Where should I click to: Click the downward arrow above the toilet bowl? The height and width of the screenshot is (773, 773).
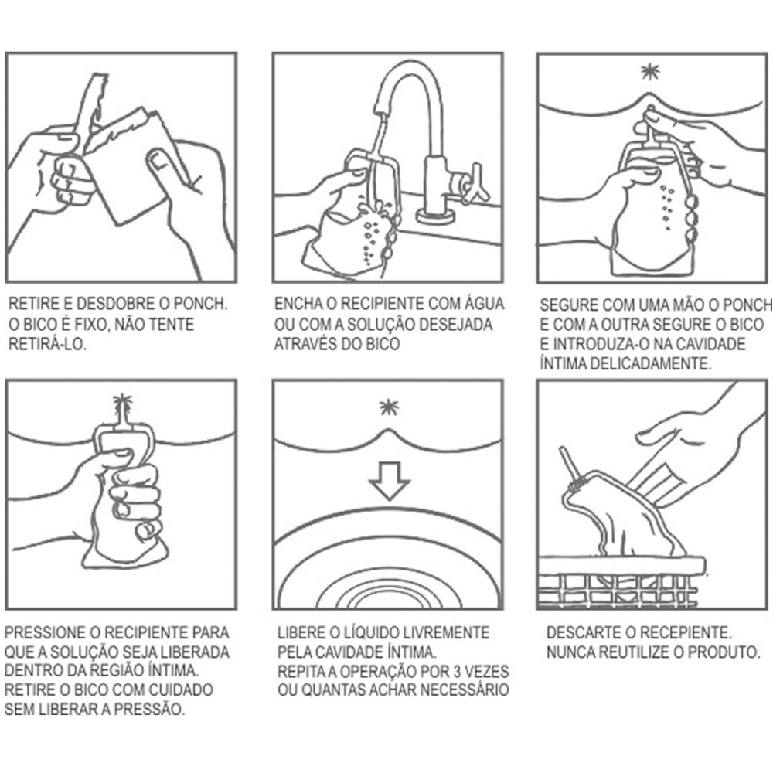pyautogui.click(x=390, y=481)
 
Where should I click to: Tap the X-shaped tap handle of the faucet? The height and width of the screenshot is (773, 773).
pyautogui.click(x=475, y=182)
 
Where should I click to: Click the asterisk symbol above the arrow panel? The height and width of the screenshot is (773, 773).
pyautogui.click(x=389, y=407)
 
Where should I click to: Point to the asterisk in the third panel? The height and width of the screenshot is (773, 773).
pyautogui.click(x=651, y=72)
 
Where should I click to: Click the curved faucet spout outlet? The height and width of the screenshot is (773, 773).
pyautogui.click(x=379, y=110)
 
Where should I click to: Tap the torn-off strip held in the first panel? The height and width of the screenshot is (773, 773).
pyautogui.click(x=92, y=106)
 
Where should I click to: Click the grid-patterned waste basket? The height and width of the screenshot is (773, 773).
pyautogui.click(x=622, y=583)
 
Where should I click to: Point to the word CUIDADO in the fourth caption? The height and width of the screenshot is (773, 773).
pyautogui.click(x=181, y=690)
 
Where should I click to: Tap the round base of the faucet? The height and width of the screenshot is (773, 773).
pyautogui.click(x=436, y=216)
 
